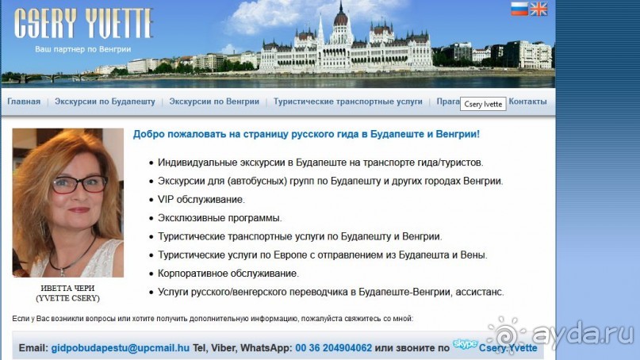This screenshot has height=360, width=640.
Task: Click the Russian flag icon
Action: coord(519,9)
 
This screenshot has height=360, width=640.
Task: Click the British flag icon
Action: coord(539,9)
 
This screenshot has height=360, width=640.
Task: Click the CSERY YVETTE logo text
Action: coord(83,25)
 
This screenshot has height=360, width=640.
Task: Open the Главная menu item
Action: coord(24,101)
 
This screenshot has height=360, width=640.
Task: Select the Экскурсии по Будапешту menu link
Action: coord(105,101)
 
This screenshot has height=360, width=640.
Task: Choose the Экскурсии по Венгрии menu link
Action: coord(214,101)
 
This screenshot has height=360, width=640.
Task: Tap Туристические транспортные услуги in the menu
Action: coord(348,101)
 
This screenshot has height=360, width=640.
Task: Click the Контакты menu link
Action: coord(527,101)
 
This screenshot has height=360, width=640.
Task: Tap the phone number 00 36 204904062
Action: coord(333,348)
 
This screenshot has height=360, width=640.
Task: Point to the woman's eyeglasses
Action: coord(79,184)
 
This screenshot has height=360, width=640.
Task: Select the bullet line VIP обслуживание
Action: coord(201,199)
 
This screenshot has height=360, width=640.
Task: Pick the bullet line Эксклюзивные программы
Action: coord(220,218)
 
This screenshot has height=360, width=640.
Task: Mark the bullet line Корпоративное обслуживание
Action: coord(228,274)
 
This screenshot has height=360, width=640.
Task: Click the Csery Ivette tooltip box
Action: coord(483,104)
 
